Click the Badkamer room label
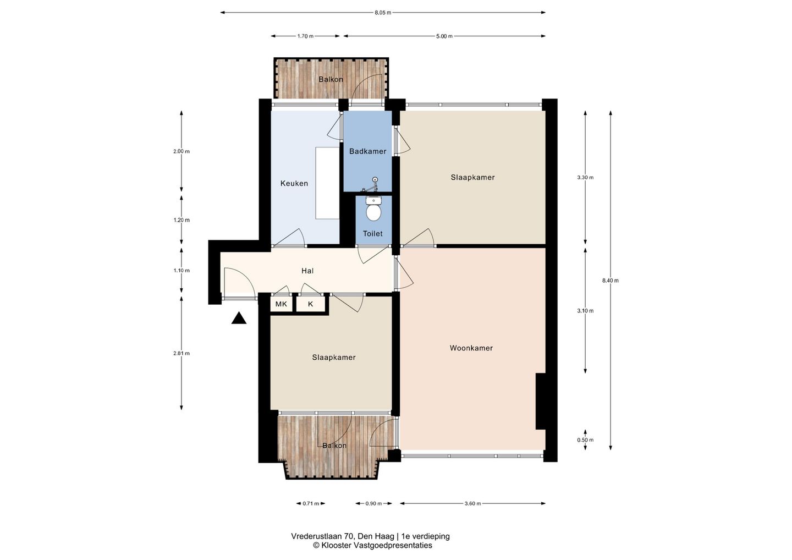point(367,151)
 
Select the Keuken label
point(294,184)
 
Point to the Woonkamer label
point(471,348)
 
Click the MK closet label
point(281,304)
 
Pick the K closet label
point(310,304)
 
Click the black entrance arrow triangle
point(239,318)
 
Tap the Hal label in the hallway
point(307,271)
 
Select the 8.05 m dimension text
point(383,13)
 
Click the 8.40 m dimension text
point(610,281)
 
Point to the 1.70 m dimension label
point(305,36)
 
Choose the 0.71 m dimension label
point(310,504)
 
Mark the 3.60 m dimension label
point(472,504)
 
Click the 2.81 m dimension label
point(182,353)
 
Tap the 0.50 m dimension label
point(585,440)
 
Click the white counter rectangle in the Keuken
point(327,183)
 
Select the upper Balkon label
point(331,79)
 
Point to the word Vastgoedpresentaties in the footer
point(393,546)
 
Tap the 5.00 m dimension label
point(444,36)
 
